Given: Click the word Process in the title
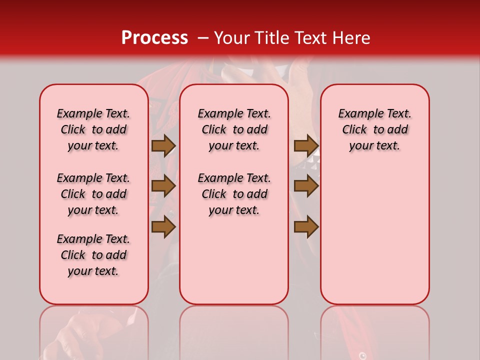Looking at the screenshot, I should pos(154,38).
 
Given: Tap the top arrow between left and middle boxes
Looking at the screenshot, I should pos(163,145).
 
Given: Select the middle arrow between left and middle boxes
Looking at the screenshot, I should pos(163,186).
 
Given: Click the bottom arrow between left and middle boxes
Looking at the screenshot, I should pos(163,227).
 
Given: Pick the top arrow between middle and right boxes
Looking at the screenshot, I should pos(306,145).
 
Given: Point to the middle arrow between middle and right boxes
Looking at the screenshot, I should pos(306,186).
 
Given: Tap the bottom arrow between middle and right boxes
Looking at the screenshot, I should pos(306,227).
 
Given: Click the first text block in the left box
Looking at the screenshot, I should pos(93,129).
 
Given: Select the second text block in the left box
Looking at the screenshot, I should pos(93,194).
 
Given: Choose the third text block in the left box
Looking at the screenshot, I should pos(93,255).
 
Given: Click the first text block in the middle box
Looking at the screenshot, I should pos(234,129).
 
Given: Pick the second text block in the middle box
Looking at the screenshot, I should pos(234,194).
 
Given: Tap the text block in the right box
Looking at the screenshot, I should pos(374,129).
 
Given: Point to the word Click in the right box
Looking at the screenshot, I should pos(354,130).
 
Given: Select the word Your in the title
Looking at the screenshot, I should pos(231,38).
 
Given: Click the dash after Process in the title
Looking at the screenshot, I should pos(203,38).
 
